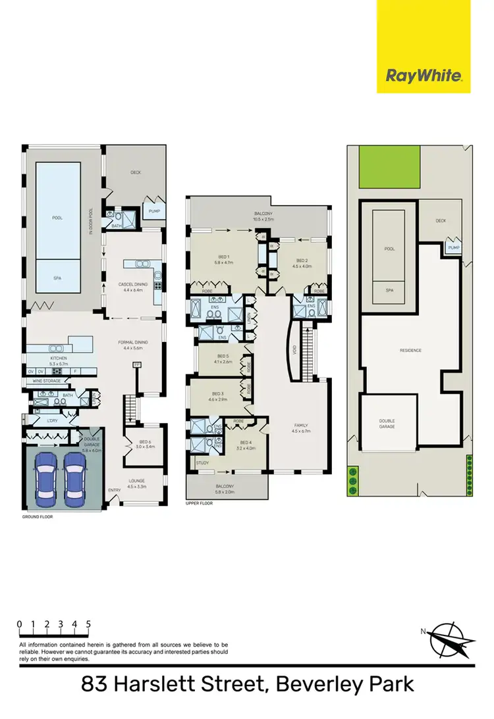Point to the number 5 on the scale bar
click(x=88, y=624)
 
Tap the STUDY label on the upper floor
click(x=202, y=464)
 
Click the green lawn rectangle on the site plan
click(x=389, y=166)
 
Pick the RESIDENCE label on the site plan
click(x=411, y=350)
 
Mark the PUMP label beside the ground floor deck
click(x=155, y=211)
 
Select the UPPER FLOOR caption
click(x=200, y=504)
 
